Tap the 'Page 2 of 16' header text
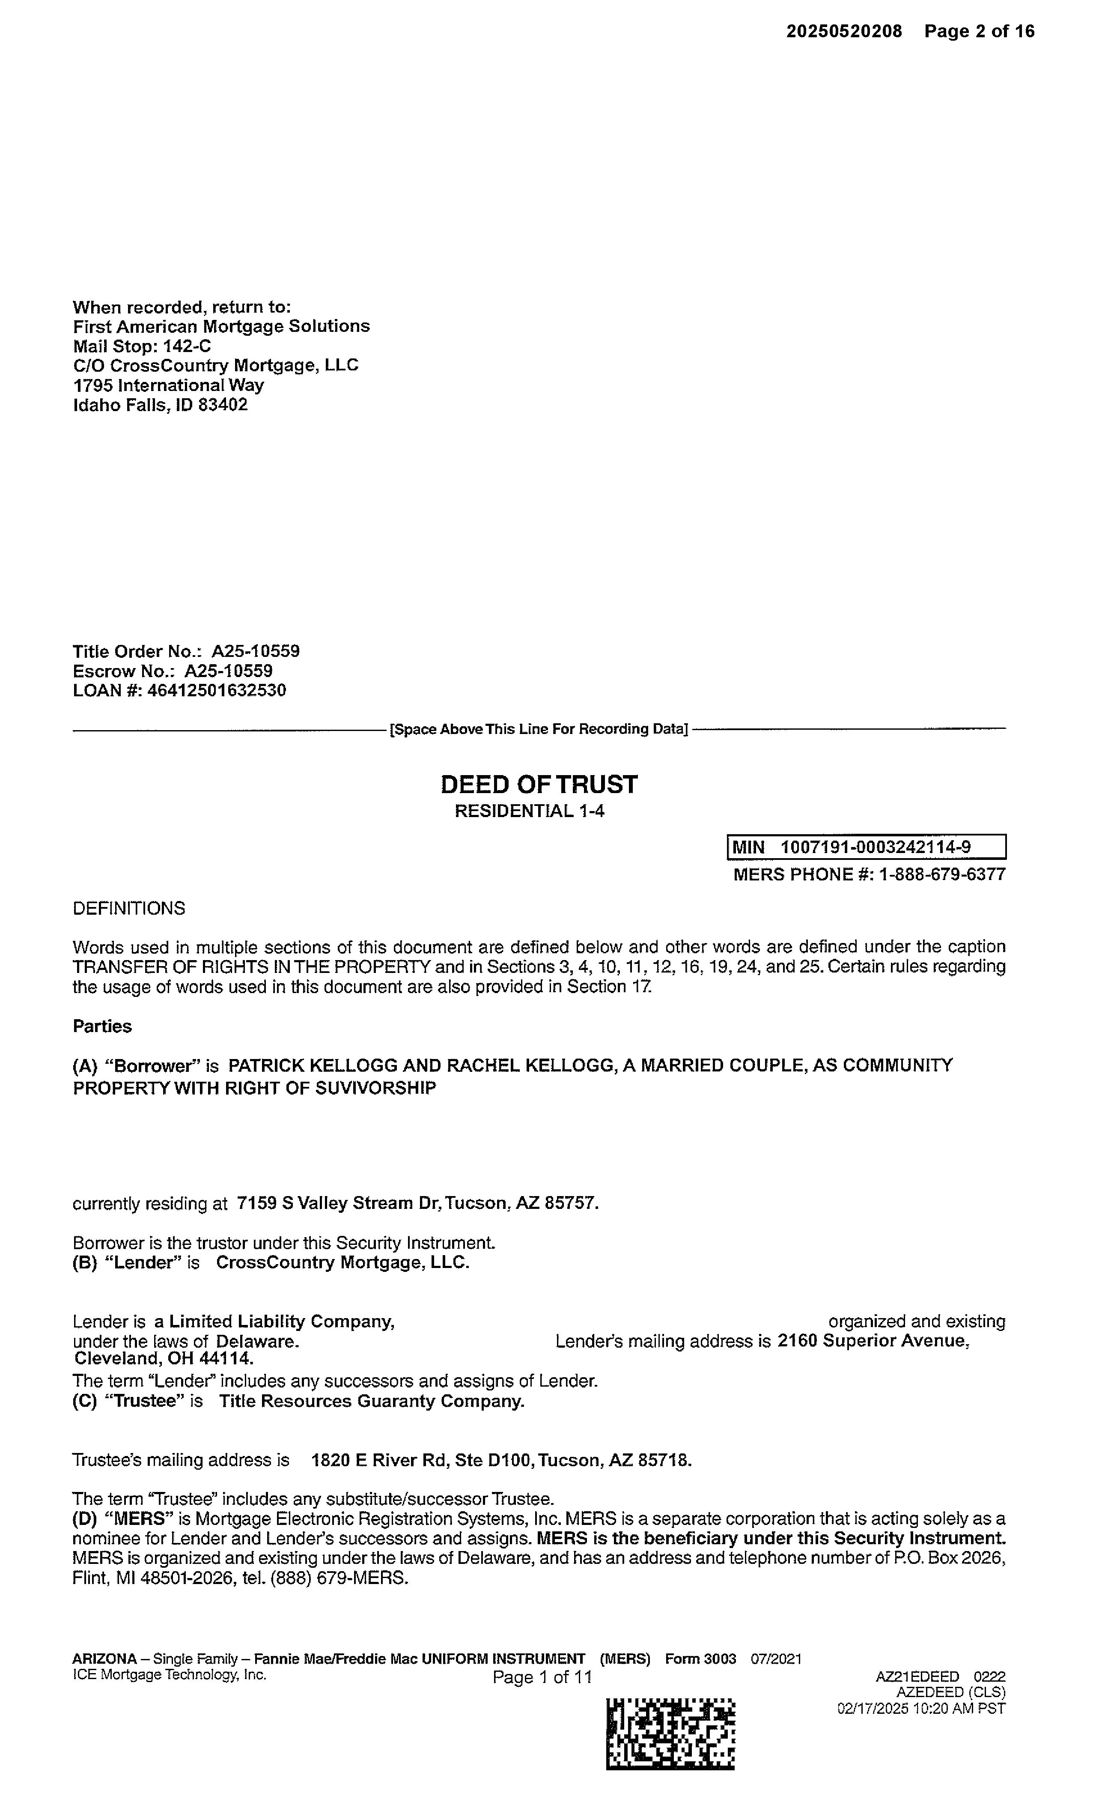point(979,31)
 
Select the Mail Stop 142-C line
point(142,346)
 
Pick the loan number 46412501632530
point(217,690)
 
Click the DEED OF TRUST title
point(539,785)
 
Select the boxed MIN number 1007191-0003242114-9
point(875,847)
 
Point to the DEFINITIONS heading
point(129,908)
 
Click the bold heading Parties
point(102,1027)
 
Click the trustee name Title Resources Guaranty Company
point(372,1401)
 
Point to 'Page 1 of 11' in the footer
point(542,1677)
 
